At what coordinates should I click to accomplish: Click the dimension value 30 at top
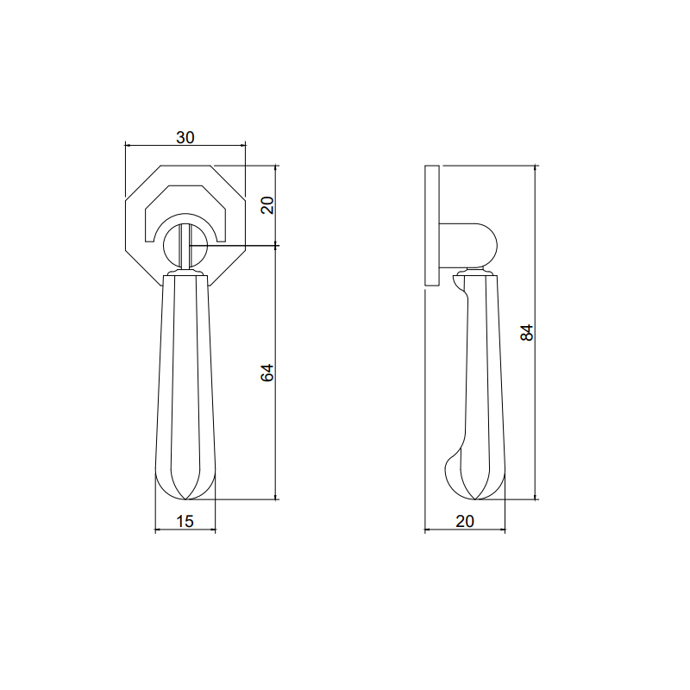[x=185, y=138]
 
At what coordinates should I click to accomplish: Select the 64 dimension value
[x=267, y=373]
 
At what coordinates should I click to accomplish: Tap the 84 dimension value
[x=527, y=332]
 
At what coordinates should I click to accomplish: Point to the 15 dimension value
[x=185, y=521]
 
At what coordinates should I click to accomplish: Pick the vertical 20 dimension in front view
[x=267, y=205]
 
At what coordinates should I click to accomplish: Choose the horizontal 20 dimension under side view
[x=465, y=521]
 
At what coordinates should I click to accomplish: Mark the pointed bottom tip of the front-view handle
[x=185, y=499]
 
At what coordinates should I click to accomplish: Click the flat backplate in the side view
[x=432, y=225]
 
